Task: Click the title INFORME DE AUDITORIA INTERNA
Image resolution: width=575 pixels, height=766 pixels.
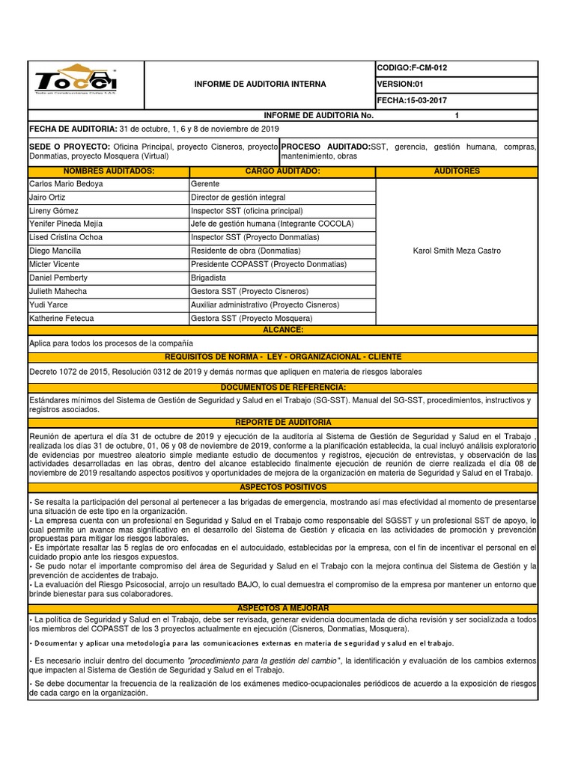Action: point(260,85)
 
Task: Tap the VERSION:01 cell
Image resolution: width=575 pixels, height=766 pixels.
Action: point(401,84)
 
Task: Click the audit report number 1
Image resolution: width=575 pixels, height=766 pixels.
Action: point(456,116)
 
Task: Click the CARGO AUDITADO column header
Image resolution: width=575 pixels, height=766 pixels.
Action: point(282,171)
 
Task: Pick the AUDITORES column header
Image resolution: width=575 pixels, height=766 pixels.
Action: point(457,171)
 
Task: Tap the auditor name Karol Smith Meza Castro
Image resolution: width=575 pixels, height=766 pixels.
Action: point(457,251)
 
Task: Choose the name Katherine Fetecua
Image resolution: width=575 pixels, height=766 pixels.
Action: point(63,318)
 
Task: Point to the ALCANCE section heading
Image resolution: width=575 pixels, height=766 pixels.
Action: point(282,329)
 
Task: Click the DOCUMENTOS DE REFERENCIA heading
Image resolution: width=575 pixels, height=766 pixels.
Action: point(282,387)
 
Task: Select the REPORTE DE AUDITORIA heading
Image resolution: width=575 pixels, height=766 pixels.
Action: point(282,423)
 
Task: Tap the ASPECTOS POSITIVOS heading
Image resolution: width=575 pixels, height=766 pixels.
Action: point(282,486)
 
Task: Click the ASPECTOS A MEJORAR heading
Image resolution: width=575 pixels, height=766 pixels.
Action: point(282,608)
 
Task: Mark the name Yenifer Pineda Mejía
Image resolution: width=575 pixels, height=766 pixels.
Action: point(66,224)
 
